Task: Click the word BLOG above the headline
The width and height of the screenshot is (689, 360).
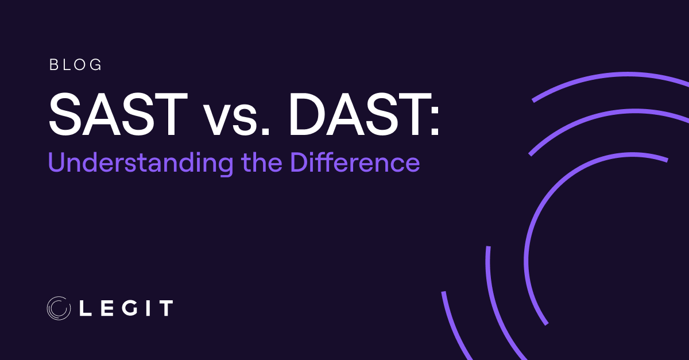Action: (76, 65)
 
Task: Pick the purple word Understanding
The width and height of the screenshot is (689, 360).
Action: (141, 163)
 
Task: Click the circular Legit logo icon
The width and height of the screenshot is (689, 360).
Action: (58, 307)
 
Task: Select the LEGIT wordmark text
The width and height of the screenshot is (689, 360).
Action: (125, 308)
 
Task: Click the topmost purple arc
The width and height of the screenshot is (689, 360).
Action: (609, 78)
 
